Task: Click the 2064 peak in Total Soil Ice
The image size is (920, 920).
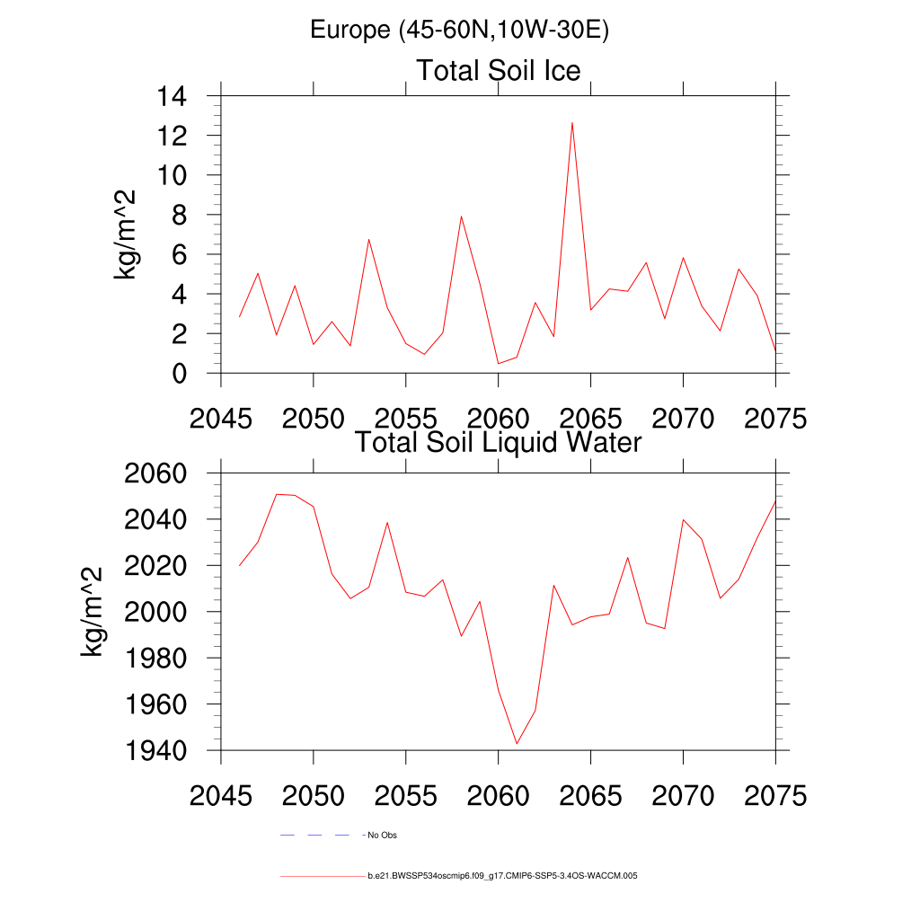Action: pos(572,122)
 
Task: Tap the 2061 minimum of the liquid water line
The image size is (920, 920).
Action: pos(517,743)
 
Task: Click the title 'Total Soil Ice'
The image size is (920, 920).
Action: pos(498,70)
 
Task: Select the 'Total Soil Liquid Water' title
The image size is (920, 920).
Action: pos(498,442)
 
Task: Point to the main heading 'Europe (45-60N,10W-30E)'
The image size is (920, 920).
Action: pos(459,30)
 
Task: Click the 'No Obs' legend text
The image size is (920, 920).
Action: pos(382,836)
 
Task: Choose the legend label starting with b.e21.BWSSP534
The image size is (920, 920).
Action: pos(502,875)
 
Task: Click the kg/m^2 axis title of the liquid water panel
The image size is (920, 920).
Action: pos(93,611)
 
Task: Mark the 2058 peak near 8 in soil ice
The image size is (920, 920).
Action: pos(461,216)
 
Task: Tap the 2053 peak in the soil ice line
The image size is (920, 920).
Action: pos(368,239)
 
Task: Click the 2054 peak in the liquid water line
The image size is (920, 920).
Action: pos(387,522)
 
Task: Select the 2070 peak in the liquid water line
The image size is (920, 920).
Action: pos(683,519)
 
